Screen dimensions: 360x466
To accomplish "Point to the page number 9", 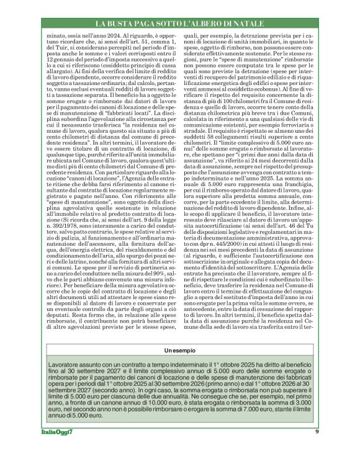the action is pos(317,449).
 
